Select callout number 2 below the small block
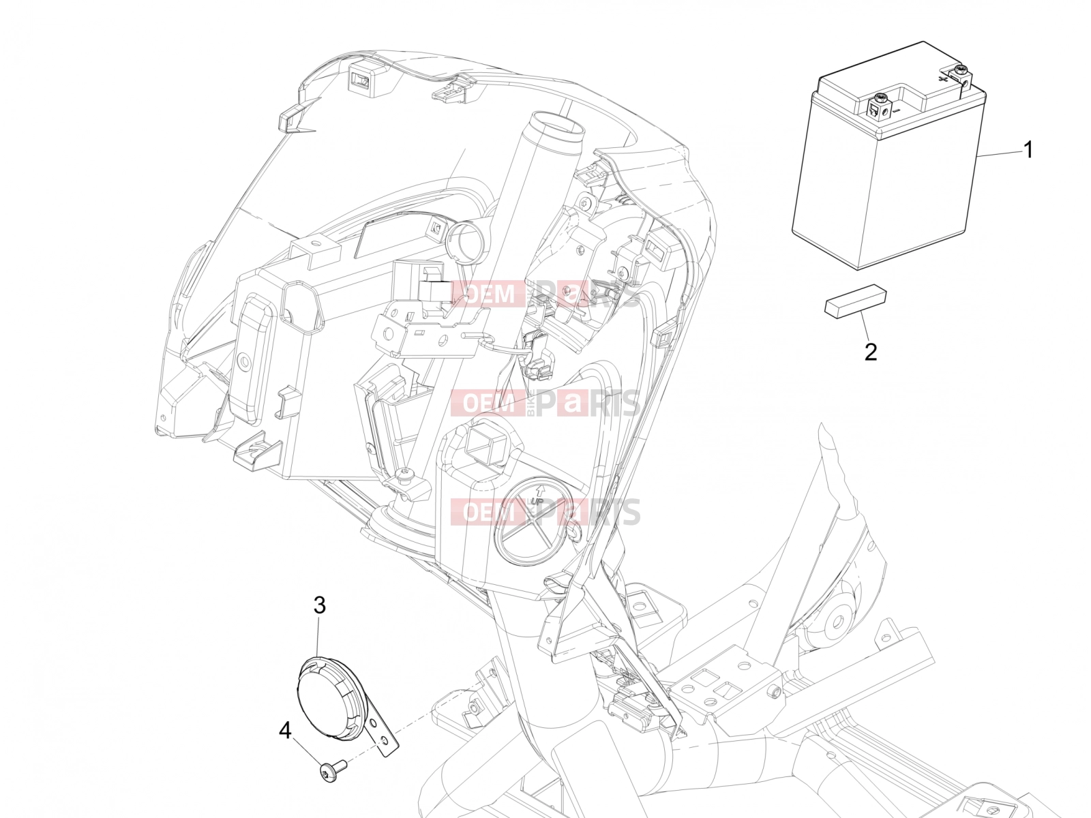tap(871, 352)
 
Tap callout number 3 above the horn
tap(320, 605)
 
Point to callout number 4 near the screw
tap(285, 730)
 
